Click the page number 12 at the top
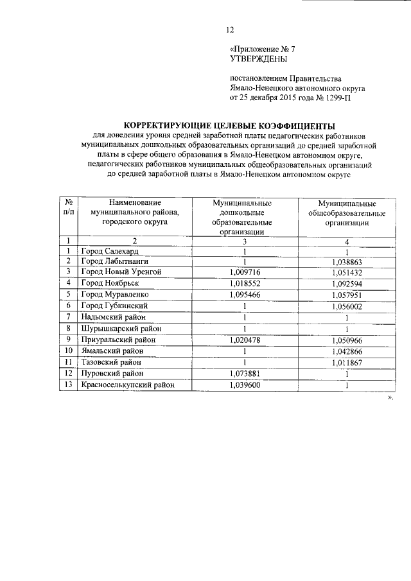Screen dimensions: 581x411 (x=229, y=29)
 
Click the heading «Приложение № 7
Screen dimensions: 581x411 (x=262, y=49)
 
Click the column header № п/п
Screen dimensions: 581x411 (x=68, y=206)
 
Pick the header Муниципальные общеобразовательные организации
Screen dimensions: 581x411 (x=346, y=212)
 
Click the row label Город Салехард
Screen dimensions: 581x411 (x=110, y=250)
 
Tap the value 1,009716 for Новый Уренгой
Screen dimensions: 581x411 (x=245, y=272)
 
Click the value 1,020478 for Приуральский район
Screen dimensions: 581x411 (x=245, y=339)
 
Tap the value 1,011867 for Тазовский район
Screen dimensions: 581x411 (x=346, y=361)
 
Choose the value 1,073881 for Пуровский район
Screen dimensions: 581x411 (x=245, y=373)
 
